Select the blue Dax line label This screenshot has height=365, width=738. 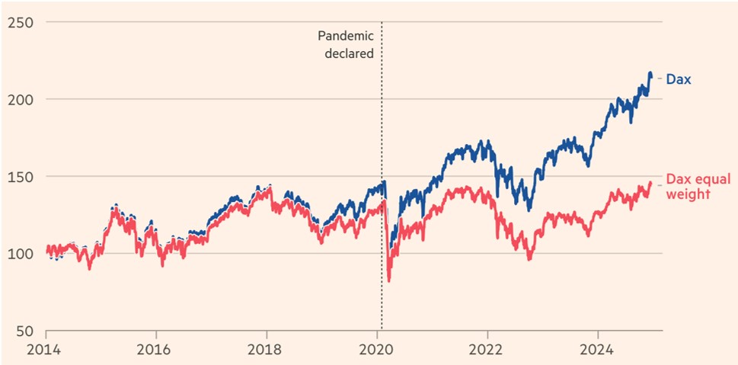(678, 78)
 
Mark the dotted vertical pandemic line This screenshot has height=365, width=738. (381, 229)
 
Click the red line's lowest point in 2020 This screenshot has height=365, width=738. (389, 281)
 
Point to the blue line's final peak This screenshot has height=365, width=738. (650, 73)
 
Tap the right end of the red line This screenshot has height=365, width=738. (650, 183)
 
